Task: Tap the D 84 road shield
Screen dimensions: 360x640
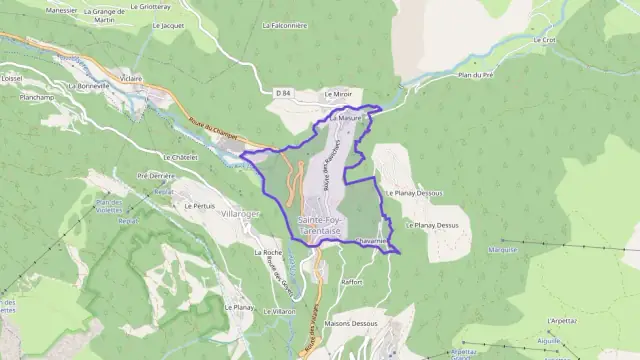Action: [x=282, y=93]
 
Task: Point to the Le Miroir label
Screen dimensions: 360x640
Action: [x=339, y=93]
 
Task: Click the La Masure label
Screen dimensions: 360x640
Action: [x=343, y=118]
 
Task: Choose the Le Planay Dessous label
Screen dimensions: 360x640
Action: [x=413, y=193]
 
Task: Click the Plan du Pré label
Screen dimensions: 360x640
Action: [x=476, y=75]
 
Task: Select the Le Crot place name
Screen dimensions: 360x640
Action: [x=545, y=40]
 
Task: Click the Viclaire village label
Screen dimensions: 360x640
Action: [x=131, y=77]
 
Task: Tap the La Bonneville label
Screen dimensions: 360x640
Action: [x=88, y=86]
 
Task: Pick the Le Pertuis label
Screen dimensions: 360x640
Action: [x=200, y=205]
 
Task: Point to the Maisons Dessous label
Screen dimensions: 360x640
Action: [x=351, y=323]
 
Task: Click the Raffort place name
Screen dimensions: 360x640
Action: [x=351, y=282]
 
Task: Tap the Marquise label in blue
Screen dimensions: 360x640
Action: [x=502, y=250]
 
